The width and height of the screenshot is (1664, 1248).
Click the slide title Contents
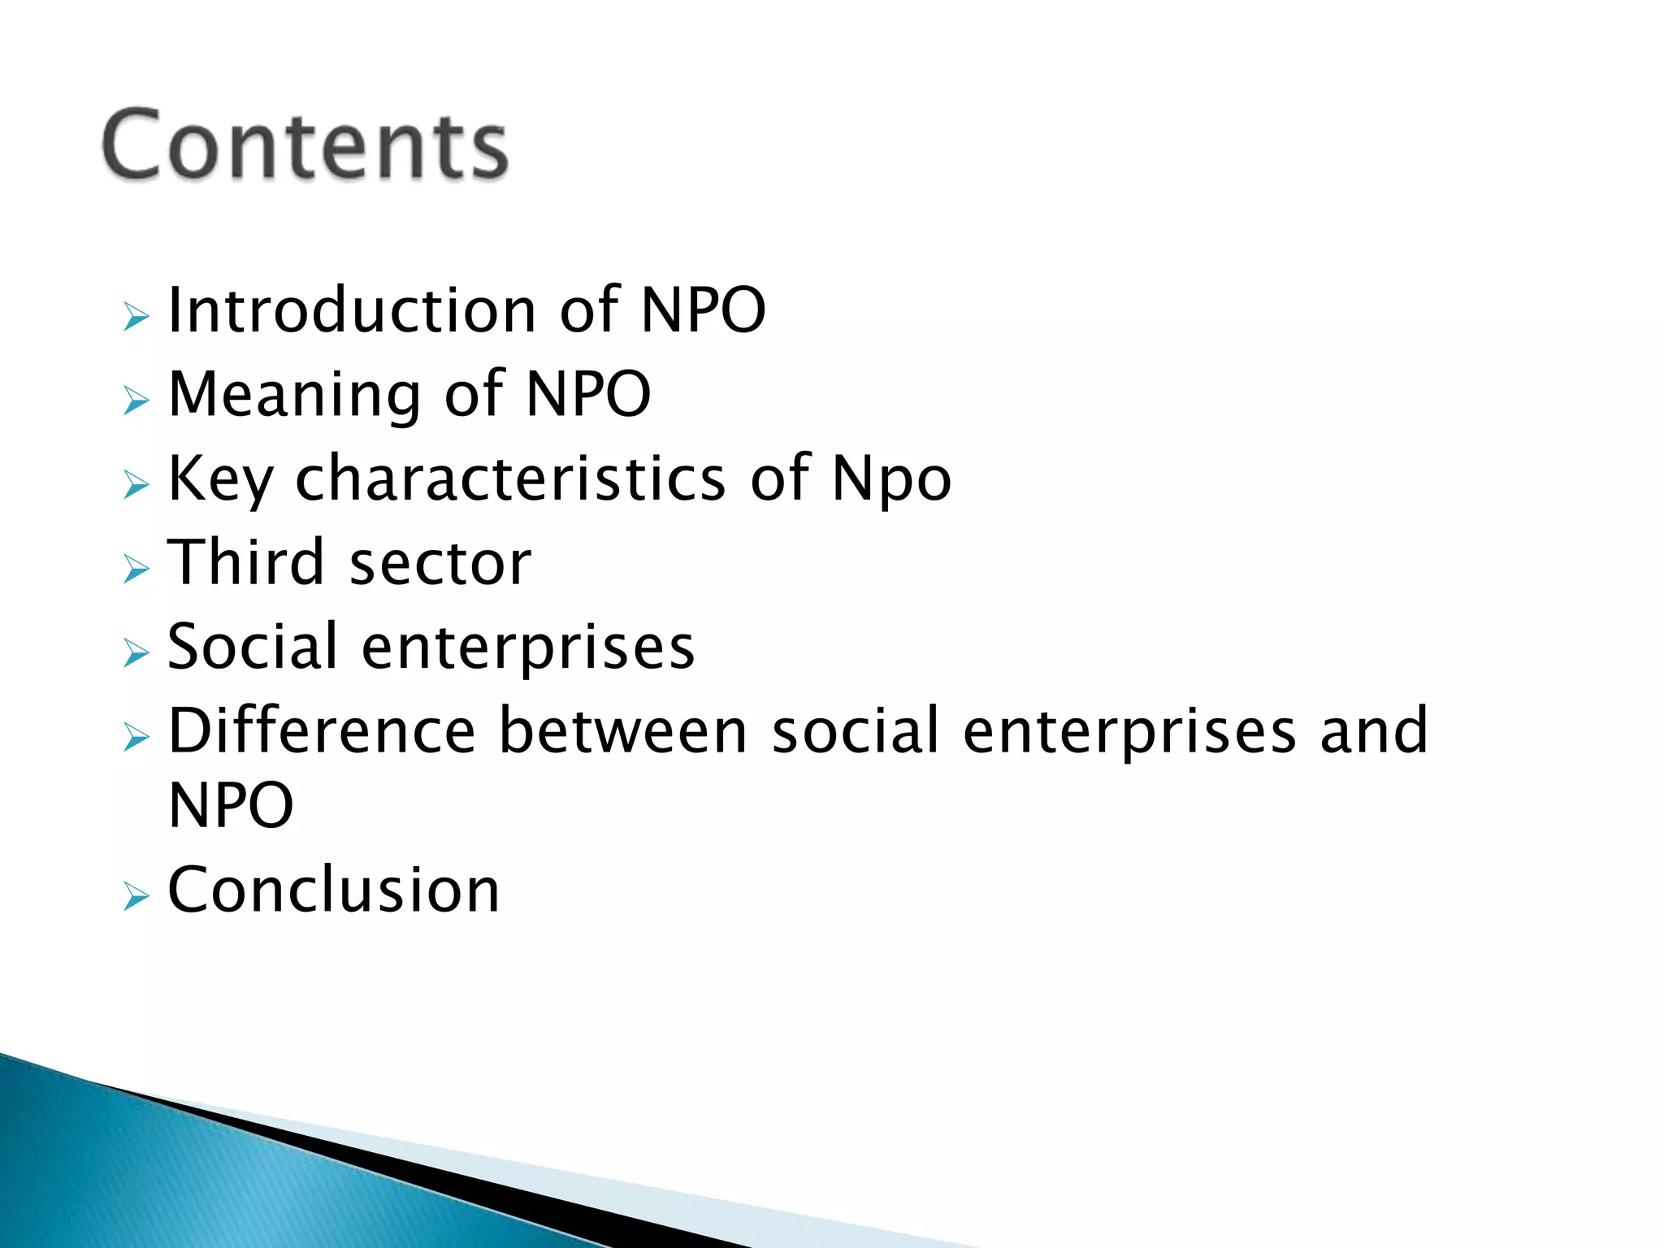[305, 145]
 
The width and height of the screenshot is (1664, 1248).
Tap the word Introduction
[351, 310]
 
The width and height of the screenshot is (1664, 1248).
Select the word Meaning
[294, 395]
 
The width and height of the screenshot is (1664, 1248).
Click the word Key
[219, 479]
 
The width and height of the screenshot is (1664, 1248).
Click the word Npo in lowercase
[891, 479]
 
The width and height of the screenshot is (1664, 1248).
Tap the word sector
[440, 564]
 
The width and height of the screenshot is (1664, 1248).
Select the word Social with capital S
[252, 647]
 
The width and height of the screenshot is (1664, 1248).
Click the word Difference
[322, 730]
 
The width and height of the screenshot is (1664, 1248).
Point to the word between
[622, 730]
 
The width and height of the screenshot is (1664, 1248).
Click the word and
[1373, 730]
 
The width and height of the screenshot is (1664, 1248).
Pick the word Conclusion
[333, 890]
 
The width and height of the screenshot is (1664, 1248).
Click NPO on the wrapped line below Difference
[231, 805]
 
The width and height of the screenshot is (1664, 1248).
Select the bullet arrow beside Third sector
[136, 569]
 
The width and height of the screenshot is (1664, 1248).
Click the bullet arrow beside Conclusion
[136, 896]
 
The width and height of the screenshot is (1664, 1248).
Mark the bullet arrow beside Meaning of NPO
[136, 401]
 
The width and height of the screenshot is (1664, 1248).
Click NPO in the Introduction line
[703, 310]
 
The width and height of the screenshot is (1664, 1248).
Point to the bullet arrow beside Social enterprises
[136, 652]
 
